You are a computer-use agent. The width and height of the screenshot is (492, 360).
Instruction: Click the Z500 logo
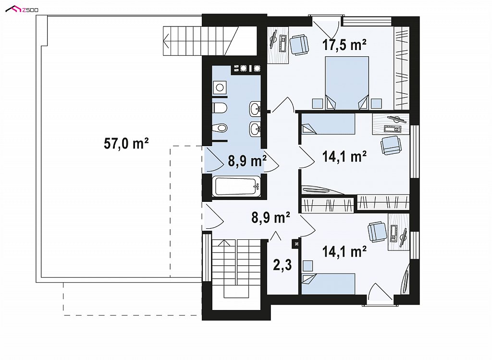tap(22, 10)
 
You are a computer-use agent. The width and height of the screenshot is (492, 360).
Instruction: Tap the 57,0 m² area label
tap(126, 144)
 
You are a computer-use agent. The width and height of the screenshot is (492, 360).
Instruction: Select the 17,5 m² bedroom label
tap(344, 45)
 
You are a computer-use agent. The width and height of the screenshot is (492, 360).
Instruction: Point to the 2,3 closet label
tap(283, 265)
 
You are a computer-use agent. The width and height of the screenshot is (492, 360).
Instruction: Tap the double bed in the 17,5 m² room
tap(347, 83)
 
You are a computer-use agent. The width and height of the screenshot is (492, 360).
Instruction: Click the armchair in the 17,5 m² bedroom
tap(299, 45)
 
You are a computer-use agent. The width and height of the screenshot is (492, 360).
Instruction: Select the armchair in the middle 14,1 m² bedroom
tap(391, 145)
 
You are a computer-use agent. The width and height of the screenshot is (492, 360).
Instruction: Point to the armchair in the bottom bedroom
tap(377, 232)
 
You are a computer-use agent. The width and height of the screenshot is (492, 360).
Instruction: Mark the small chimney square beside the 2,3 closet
tap(296, 243)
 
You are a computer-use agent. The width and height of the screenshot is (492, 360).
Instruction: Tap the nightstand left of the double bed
tap(318, 103)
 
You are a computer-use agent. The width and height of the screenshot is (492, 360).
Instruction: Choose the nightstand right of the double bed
tap(376, 103)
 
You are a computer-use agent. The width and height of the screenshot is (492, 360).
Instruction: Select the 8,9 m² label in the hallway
tap(271, 217)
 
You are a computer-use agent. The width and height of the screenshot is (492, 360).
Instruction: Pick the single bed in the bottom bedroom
tap(328, 284)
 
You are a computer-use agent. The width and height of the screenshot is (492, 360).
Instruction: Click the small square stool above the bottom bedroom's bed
tap(307, 265)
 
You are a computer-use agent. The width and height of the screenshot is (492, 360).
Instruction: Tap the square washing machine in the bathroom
tap(220, 87)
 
